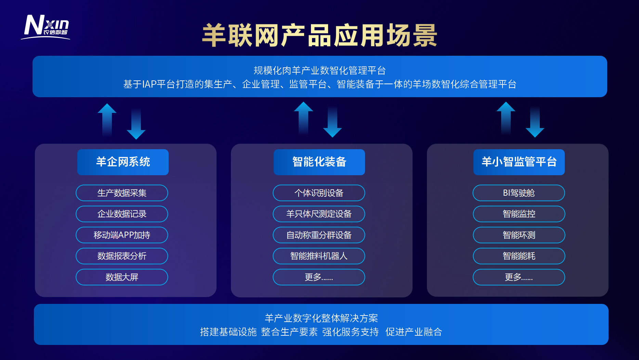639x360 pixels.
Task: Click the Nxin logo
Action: (45, 27)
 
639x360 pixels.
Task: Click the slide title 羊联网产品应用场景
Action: (319, 35)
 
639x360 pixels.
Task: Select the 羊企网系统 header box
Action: (123, 162)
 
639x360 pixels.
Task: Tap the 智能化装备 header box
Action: (319, 162)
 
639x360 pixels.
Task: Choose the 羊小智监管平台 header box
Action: (519, 162)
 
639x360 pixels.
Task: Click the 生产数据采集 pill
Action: (122, 193)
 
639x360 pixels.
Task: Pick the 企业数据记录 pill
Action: (122, 214)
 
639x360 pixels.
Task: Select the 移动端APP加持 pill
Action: (122, 235)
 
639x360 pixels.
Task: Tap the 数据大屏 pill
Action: (122, 277)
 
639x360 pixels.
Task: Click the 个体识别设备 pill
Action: (319, 193)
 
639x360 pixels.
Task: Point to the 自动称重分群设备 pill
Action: (319, 235)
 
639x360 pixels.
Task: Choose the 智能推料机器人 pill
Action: (319, 256)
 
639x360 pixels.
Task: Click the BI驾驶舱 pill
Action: (519, 193)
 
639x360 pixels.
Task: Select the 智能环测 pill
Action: (519, 235)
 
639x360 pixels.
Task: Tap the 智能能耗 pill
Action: (519, 256)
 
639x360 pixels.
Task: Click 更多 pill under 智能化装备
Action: (319, 277)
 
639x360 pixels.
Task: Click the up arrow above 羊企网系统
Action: (107, 120)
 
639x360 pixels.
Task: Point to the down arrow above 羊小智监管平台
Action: (535, 121)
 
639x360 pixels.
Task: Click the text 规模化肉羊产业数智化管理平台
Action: (320, 70)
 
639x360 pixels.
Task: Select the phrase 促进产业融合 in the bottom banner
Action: (414, 332)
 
